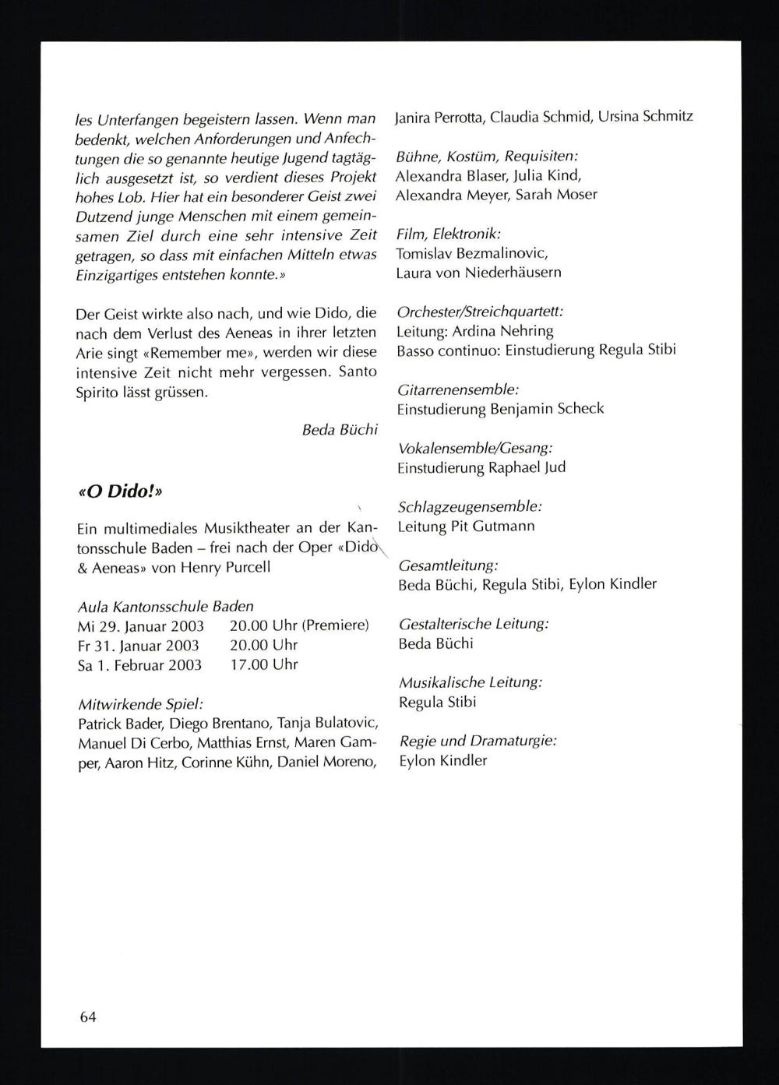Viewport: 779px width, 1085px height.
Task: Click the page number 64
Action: tap(87, 1016)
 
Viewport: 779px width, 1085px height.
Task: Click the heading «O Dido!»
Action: tap(120, 492)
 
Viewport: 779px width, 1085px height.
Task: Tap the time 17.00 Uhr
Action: tap(264, 664)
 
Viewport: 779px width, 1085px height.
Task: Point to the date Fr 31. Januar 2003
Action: tap(139, 645)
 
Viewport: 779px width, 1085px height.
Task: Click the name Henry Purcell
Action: tap(225, 567)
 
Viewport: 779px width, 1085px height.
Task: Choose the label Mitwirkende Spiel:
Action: tap(140, 703)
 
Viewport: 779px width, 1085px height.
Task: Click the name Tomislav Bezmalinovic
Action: tap(472, 253)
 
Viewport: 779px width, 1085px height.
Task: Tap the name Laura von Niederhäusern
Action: tap(478, 273)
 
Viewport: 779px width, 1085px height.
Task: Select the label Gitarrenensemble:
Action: tap(458, 389)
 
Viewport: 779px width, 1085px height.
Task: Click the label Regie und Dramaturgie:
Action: tap(478, 741)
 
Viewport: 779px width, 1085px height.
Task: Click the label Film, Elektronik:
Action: tap(449, 234)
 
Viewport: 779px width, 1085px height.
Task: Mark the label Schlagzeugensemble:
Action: tap(470, 506)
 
